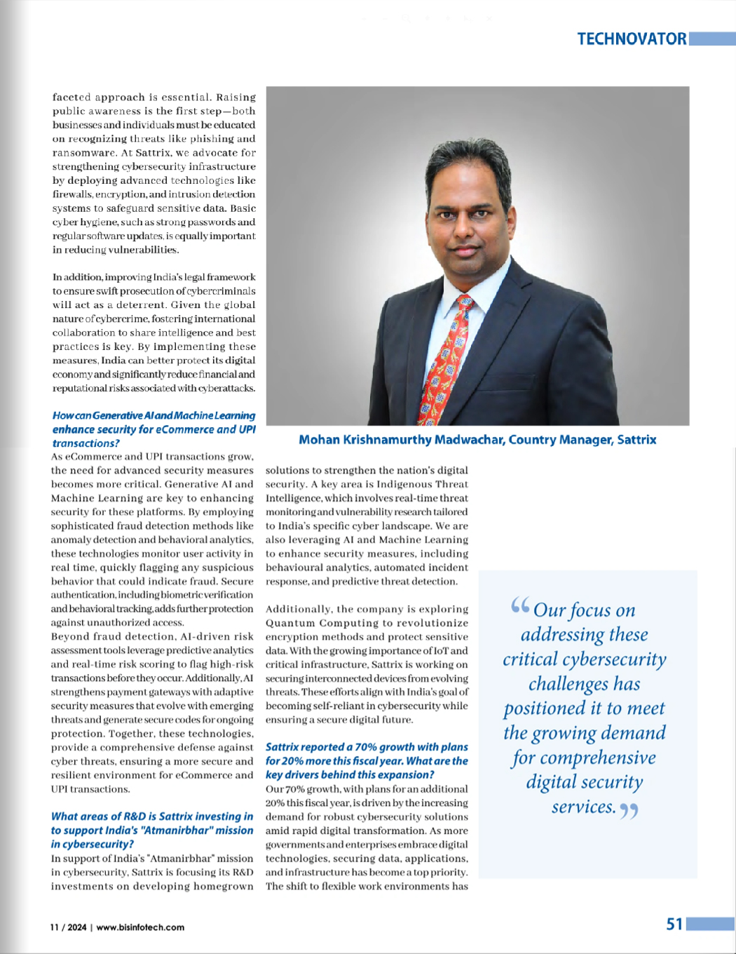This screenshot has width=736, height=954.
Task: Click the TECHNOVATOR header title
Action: pyautogui.click(x=632, y=39)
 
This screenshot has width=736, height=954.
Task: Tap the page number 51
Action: pyautogui.click(x=674, y=924)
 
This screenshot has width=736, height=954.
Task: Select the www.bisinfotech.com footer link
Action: pyautogui.click(x=140, y=927)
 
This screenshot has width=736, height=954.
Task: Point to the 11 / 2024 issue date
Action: pyautogui.click(x=68, y=927)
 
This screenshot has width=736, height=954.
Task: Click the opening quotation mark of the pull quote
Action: pyautogui.click(x=519, y=605)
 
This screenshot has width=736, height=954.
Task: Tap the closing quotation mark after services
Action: pyautogui.click(x=629, y=811)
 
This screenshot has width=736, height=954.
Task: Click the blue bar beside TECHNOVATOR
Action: pyautogui.click(x=712, y=39)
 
